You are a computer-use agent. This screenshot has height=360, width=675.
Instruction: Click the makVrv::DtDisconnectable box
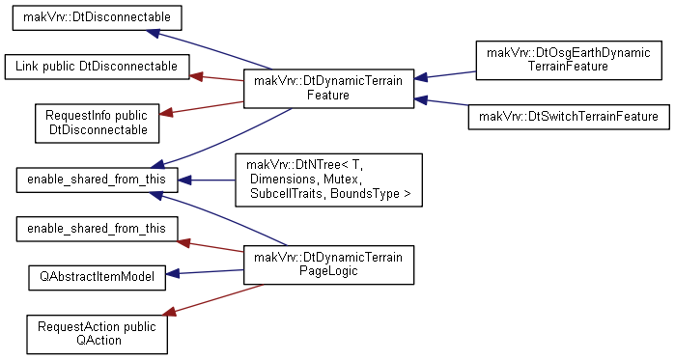pyautogui.click(x=97, y=17)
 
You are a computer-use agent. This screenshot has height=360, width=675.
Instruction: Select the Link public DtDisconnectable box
pyautogui.click(x=97, y=67)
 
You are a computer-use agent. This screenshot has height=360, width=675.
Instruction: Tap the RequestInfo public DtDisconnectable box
pyautogui.click(x=97, y=123)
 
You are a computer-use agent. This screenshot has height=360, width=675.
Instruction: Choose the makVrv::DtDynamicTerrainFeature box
pyautogui.click(x=328, y=88)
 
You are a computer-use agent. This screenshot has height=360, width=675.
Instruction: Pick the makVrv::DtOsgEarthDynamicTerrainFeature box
pyautogui.click(x=569, y=60)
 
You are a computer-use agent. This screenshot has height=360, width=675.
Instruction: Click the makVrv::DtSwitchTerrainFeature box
pyautogui.click(x=569, y=117)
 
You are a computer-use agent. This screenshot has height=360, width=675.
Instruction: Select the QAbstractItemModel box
pyautogui.click(x=97, y=277)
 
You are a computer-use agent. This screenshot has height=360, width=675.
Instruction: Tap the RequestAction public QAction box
pyautogui.click(x=97, y=334)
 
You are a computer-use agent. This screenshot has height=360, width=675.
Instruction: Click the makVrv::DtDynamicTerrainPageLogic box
pyautogui.click(x=328, y=264)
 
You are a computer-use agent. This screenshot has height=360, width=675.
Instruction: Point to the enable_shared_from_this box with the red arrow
pyautogui.click(x=97, y=229)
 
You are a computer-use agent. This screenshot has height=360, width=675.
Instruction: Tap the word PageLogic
pyautogui.click(x=328, y=271)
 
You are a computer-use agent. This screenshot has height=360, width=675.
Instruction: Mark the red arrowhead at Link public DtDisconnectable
pyautogui.click(x=196, y=76)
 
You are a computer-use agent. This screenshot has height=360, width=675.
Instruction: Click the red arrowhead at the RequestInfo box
pyautogui.click(x=166, y=113)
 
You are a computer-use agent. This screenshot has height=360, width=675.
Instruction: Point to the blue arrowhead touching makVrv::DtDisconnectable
pyautogui.click(x=153, y=33)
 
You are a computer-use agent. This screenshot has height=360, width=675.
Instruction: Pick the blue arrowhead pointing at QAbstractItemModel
pyautogui.click(x=172, y=273)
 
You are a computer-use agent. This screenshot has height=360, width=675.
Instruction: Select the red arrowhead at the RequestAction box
pyautogui.click(x=169, y=312)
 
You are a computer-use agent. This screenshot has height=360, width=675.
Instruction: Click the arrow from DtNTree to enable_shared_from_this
pyautogui.click(x=207, y=180)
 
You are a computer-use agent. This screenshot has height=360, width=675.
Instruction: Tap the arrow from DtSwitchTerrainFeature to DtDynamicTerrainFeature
pyautogui.click(x=440, y=102)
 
